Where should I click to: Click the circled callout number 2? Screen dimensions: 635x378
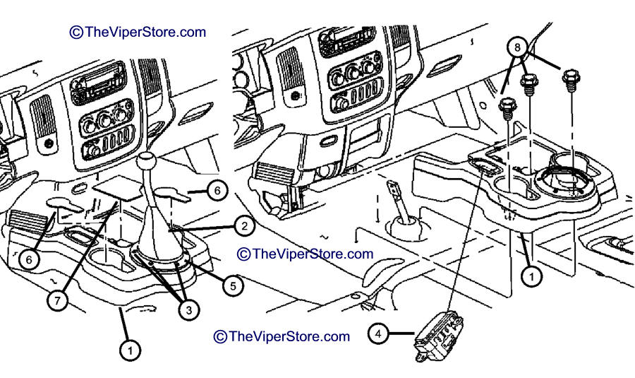pyautogui.click(x=244, y=226)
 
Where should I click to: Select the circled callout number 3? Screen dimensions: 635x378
pyautogui.click(x=188, y=310)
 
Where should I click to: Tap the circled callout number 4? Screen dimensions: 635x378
pyautogui.click(x=378, y=334)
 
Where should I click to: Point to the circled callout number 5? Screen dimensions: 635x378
pyautogui.click(x=233, y=286)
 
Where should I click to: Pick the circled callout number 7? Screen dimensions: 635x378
pyautogui.click(x=57, y=300)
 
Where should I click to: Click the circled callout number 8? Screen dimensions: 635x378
pyautogui.click(x=517, y=47)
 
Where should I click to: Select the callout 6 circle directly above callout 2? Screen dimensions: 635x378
pyautogui.click(x=217, y=190)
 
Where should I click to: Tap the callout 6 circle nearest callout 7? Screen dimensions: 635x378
pyautogui.click(x=29, y=259)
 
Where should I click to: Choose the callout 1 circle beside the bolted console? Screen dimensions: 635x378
pyautogui.click(x=531, y=276)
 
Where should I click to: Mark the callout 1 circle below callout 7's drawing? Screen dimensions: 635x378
pyautogui.click(x=130, y=350)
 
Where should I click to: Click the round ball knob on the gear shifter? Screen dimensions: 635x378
pyautogui.click(x=146, y=161)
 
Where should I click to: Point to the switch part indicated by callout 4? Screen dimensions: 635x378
pyautogui.click(x=438, y=335)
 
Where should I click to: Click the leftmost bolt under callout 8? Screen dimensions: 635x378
pyautogui.click(x=507, y=108)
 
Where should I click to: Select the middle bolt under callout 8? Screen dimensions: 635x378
pyautogui.click(x=529, y=84)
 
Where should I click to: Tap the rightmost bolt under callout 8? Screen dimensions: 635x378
pyautogui.click(x=571, y=81)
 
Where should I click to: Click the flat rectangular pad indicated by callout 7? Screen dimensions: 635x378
pyautogui.click(x=118, y=187)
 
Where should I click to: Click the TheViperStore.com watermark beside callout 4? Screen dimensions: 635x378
pyautogui.click(x=282, y=336)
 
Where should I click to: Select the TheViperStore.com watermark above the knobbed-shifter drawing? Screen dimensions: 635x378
pyautogui.click(x=138, y=32)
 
